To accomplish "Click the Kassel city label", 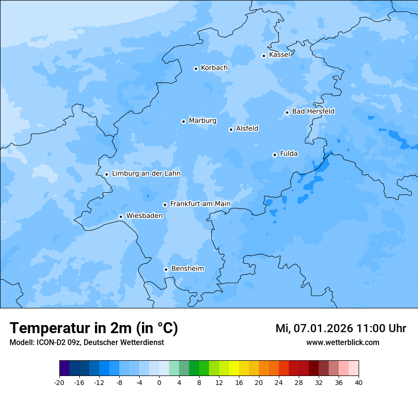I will pos(279,55).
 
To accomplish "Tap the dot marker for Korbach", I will pos(196,69).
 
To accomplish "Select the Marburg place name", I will pos(202,121).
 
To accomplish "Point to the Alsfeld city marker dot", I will pos(231,129).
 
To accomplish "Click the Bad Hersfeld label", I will pos(313,111).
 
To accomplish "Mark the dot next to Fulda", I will pos(275,155).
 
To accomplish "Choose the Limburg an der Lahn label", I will pos(146,174).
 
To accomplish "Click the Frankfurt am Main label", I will pos(200,204).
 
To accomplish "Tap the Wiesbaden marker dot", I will pos(121,217).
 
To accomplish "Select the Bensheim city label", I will pos(187,269).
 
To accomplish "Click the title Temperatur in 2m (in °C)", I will pos(94,328).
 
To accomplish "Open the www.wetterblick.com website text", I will pos(342,342).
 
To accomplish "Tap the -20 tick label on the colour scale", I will pos(59,383).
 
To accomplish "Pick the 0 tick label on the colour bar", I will pos(159,383).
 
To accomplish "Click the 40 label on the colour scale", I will pos(359,383).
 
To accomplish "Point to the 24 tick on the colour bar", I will pos(279,383).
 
